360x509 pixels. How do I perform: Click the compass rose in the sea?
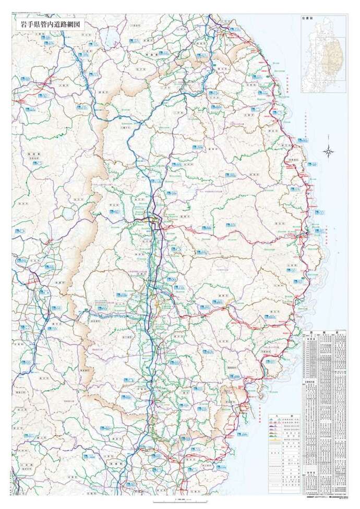(x=329, y=152)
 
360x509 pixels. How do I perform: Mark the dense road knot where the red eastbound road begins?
(x=155, y=221)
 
